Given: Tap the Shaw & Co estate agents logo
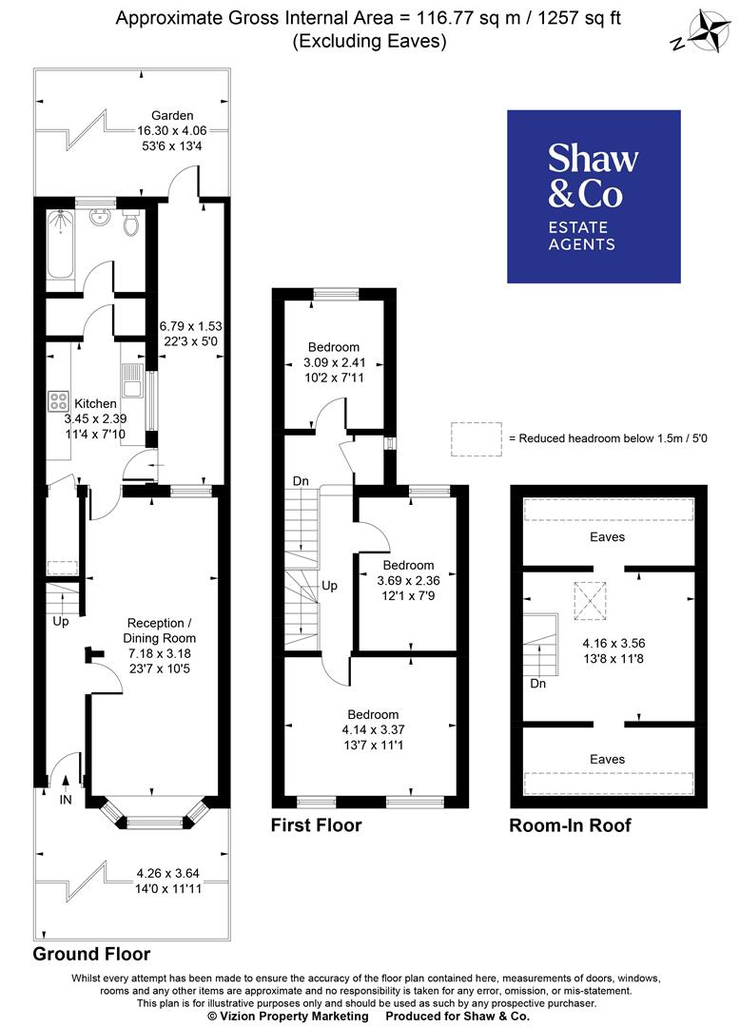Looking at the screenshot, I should coord(594,197).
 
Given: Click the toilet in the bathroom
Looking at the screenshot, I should coord(131,224).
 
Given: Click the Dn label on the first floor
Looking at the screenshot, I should coord(300,481).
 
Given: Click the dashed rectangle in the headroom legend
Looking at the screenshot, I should coord(477,439).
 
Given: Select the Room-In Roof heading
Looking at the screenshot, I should coord(570,825).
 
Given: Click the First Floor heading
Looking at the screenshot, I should coord(316,825).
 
